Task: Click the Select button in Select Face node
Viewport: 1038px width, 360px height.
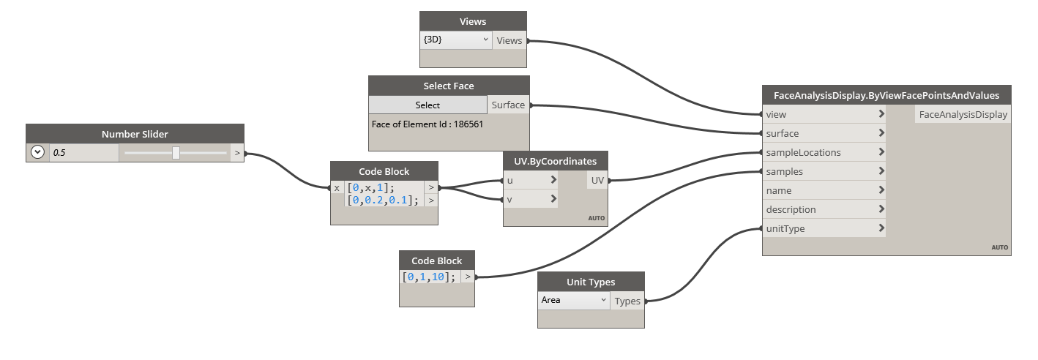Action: pos(427,105)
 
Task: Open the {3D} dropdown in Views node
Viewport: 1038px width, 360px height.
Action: pos(455,40)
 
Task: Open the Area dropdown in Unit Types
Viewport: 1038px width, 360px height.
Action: pos(574,300)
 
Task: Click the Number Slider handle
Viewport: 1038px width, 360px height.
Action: pos(176,153)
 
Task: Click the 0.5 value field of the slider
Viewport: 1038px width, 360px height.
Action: pos(83,153)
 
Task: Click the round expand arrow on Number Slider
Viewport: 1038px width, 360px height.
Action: pos(37,153)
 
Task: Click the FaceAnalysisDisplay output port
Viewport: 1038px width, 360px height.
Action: pos(963,114)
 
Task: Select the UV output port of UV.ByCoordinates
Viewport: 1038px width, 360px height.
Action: pos(597,179)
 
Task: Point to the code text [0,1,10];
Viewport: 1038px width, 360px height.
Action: pos(429,277)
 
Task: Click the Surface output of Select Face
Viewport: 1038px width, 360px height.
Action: pos(508,105)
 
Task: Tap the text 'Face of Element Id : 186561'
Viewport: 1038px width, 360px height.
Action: pos(427,124)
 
